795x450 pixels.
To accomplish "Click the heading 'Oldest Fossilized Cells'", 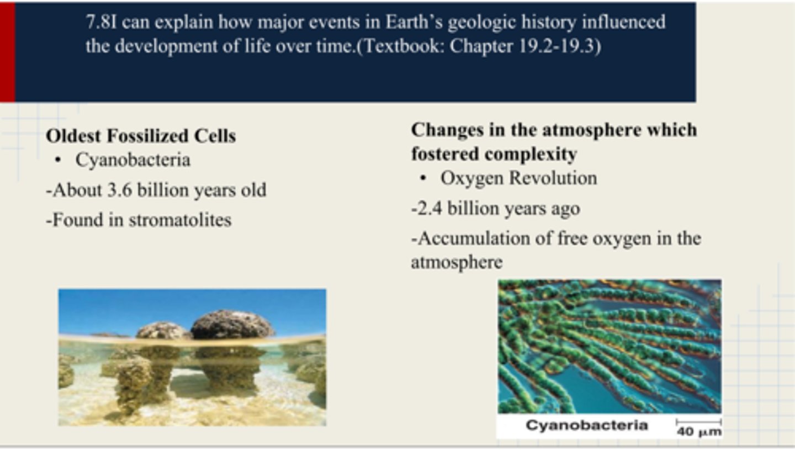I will click(141, 136).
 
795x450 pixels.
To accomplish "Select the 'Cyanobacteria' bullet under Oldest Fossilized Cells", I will click(132, 160).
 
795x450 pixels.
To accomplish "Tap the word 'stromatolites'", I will click(179, 220).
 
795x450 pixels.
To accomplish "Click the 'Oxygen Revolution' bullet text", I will click(518, 178).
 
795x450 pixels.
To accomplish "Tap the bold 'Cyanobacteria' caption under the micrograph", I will click(586, 425).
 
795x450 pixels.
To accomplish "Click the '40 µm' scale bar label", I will click(699, 431).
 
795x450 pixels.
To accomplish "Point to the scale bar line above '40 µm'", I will click(698, 422).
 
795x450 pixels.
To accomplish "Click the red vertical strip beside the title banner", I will click(7, 52).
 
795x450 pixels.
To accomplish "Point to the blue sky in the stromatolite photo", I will click(138, 306).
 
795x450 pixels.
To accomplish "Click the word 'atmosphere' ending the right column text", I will click(457, 262).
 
